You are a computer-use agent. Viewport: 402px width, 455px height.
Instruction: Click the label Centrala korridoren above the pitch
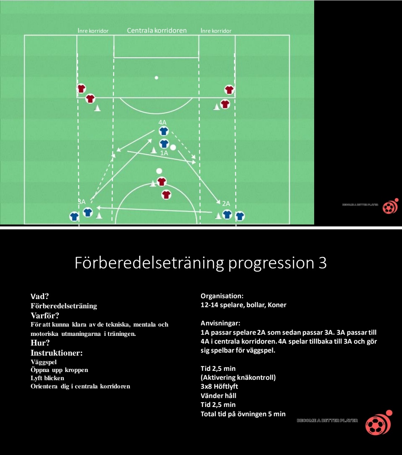157,31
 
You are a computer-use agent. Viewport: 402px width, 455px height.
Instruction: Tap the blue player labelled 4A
164,131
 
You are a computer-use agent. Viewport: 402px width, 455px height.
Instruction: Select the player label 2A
226,204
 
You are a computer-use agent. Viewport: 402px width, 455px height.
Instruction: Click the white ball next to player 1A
173,147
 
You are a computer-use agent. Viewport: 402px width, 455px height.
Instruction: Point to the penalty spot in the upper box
156,78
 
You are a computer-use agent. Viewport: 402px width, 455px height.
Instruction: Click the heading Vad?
40,296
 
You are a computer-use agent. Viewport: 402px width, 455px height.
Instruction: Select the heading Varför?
45,316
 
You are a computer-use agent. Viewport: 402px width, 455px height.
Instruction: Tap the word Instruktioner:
57,353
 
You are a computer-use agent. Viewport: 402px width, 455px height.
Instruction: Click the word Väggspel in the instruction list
44,362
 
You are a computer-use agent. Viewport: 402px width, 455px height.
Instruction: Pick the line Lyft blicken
47,378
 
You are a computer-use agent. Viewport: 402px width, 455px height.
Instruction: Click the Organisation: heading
222,296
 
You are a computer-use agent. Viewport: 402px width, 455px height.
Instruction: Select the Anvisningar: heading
220,323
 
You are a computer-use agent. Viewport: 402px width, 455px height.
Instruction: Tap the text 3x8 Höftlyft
219,386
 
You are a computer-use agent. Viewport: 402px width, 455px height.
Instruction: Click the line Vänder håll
218,395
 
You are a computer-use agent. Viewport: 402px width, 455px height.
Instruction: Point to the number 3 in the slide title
322,263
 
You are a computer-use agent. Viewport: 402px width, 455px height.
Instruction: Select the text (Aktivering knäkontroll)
238,378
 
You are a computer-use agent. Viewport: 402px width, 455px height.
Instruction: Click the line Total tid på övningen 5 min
243,414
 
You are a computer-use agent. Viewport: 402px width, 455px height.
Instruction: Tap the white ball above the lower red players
159,171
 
